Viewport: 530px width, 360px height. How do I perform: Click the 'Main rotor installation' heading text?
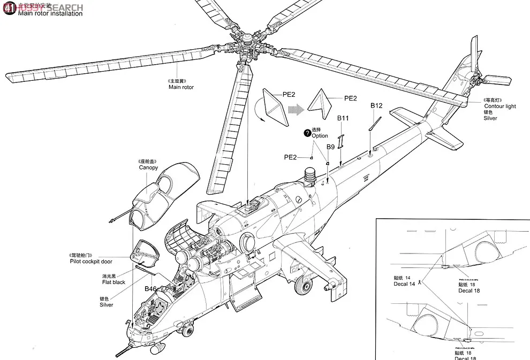coord(50,14)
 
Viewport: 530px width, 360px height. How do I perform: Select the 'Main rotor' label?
coord(181,87)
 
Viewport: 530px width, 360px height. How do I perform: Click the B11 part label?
coord(343,118)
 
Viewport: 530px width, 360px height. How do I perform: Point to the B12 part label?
coord(377,106)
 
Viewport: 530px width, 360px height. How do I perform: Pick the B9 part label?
coord(331,146)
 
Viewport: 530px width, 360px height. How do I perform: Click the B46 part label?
coord(151,289)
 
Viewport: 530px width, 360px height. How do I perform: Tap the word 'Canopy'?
coord(148,167)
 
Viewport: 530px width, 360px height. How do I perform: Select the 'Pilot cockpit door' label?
coord(91,262)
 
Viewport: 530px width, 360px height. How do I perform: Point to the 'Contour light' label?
coord(499,106)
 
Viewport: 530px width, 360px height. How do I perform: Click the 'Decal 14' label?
coord(404,284)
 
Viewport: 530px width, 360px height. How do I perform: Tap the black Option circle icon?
coord(307,133)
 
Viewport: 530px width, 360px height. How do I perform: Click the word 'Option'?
coord(320,136)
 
